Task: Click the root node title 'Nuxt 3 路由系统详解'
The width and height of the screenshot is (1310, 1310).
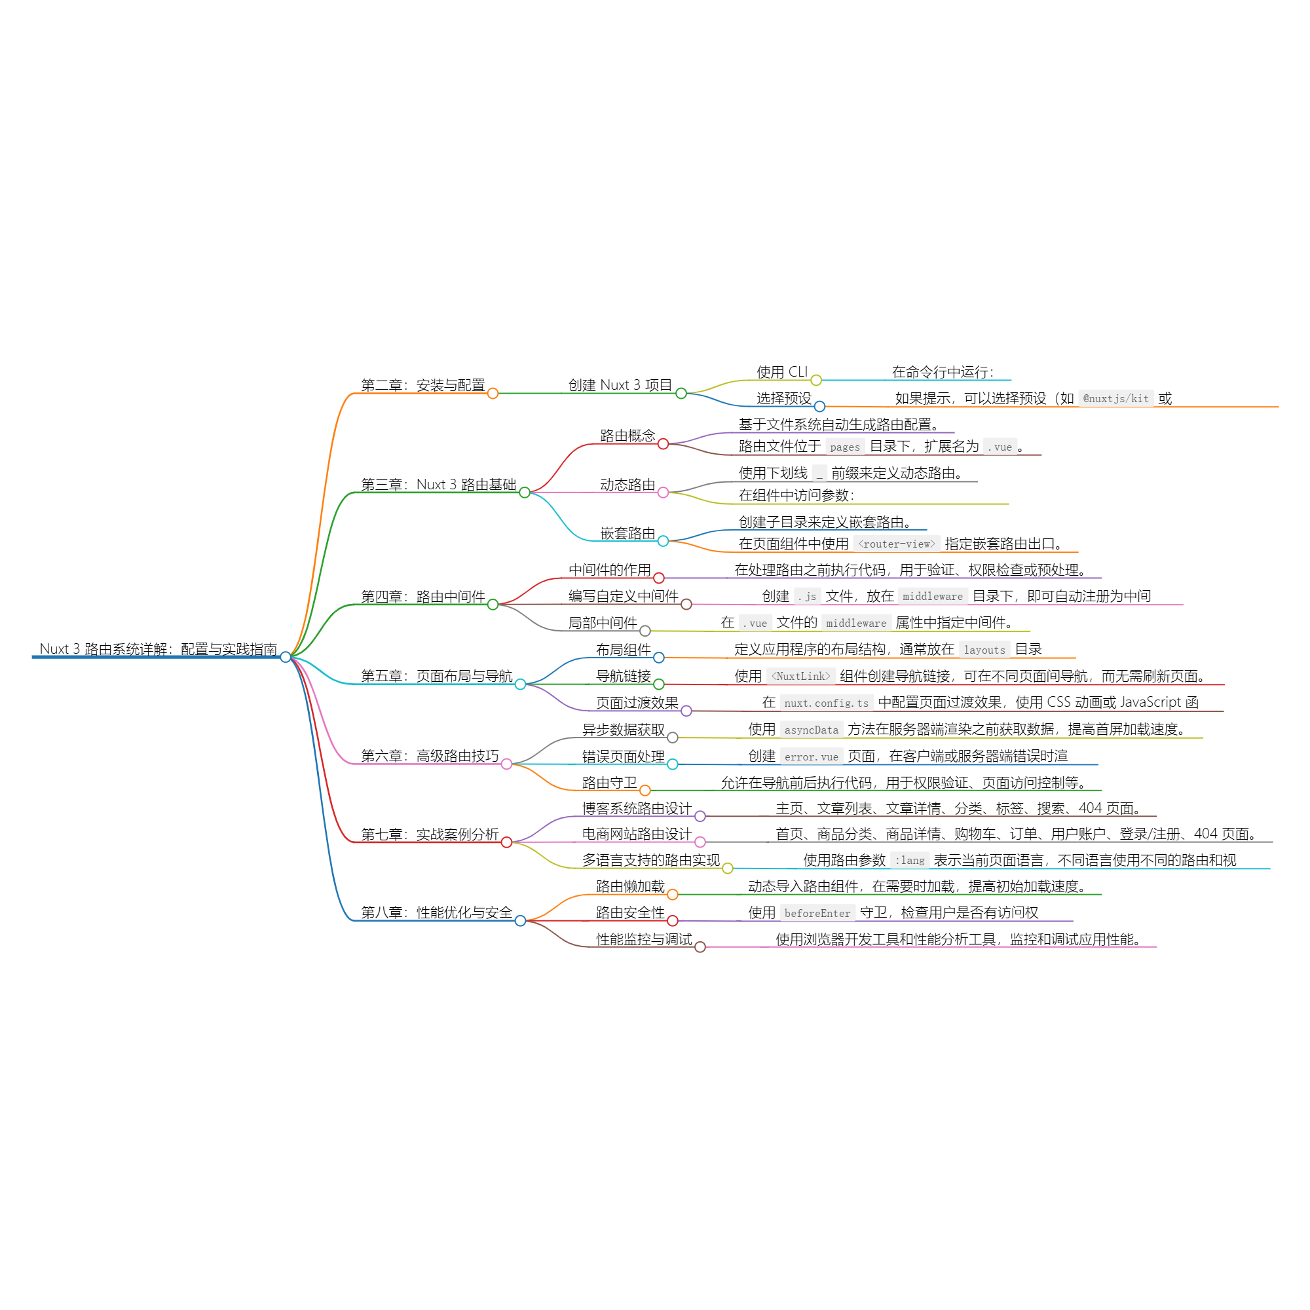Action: pos(158,649)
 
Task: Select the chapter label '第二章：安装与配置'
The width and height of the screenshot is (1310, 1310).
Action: pos(422,385)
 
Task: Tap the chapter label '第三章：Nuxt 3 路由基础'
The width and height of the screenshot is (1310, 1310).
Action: pos(438,484)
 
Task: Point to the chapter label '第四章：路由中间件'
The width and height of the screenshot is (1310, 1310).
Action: pos(422,597)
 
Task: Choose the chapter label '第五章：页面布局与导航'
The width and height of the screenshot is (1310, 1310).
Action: pos(436,676)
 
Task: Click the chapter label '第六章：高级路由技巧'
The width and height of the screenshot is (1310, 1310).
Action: pos(429,755)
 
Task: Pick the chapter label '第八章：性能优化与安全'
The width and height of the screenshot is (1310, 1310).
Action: pos(436,912)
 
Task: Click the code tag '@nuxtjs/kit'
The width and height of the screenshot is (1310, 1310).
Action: pos(1115,399)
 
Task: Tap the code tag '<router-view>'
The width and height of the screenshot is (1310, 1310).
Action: pos(897,544)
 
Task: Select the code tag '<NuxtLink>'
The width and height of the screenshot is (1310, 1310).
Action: pos(800,676)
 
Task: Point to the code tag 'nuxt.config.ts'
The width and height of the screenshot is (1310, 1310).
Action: pos(826,703)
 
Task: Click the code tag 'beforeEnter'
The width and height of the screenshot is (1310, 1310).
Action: pos(817,913)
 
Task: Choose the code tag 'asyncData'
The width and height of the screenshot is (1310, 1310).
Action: pos(811,730)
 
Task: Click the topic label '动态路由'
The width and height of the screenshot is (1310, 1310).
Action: pos(627,485)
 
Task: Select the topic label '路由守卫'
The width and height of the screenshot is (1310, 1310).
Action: pos(610,783)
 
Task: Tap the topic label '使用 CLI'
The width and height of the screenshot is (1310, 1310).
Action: pos(782,371)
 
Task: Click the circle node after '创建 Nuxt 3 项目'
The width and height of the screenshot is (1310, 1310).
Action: pos(681,393)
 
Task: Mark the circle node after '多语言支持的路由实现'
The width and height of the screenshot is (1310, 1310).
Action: pos(728,869)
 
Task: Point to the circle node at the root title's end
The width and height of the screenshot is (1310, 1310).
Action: pos(286,656)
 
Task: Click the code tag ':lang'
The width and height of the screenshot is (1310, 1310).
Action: pos(909,861)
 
